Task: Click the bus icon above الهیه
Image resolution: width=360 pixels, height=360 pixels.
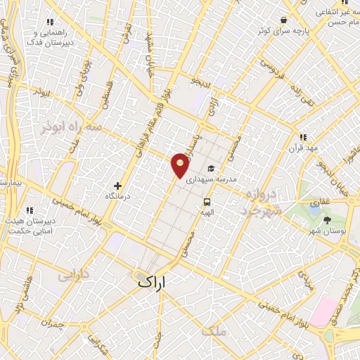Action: click(206, 200)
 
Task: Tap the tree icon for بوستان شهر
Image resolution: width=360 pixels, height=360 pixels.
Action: click(327, 221)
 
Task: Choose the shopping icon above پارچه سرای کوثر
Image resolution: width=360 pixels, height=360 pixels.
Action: click(283, 20)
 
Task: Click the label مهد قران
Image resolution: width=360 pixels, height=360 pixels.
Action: click(303, 149)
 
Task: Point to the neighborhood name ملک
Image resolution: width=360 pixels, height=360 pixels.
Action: click(214, 331)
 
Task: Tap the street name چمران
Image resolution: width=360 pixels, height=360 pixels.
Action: click(51, 323)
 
